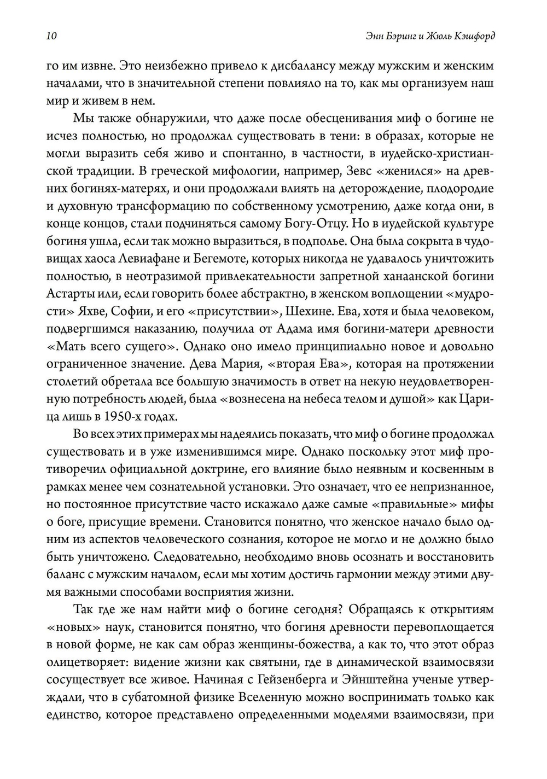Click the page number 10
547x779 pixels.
[x=51, y=36]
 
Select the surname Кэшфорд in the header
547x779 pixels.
[x=472, y=36]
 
